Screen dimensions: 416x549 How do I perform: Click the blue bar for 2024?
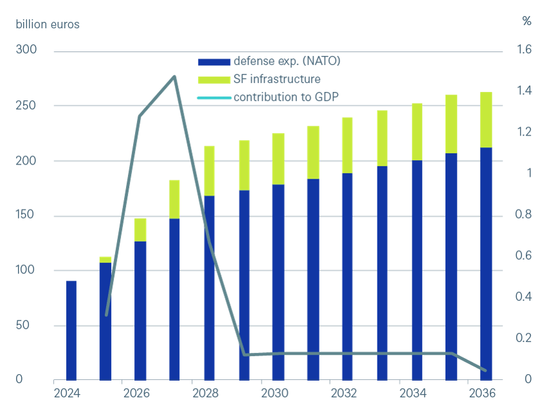tap(71, 330)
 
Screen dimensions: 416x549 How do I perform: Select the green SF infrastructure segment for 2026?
tap(141, 230)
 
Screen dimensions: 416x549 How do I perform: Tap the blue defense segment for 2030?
tap(278, 282)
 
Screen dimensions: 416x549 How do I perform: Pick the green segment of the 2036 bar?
tap(486, 120)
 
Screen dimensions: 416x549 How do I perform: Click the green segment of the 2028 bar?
tap(210, 170)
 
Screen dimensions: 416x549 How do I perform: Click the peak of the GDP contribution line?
tap(175, 76)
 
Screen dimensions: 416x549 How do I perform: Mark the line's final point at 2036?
tap(485, 371)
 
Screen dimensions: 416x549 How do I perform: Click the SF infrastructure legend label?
tap(276, 80)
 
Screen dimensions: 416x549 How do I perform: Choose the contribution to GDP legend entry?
tap(285, 98)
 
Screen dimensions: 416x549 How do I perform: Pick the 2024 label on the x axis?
tap(67, 393)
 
